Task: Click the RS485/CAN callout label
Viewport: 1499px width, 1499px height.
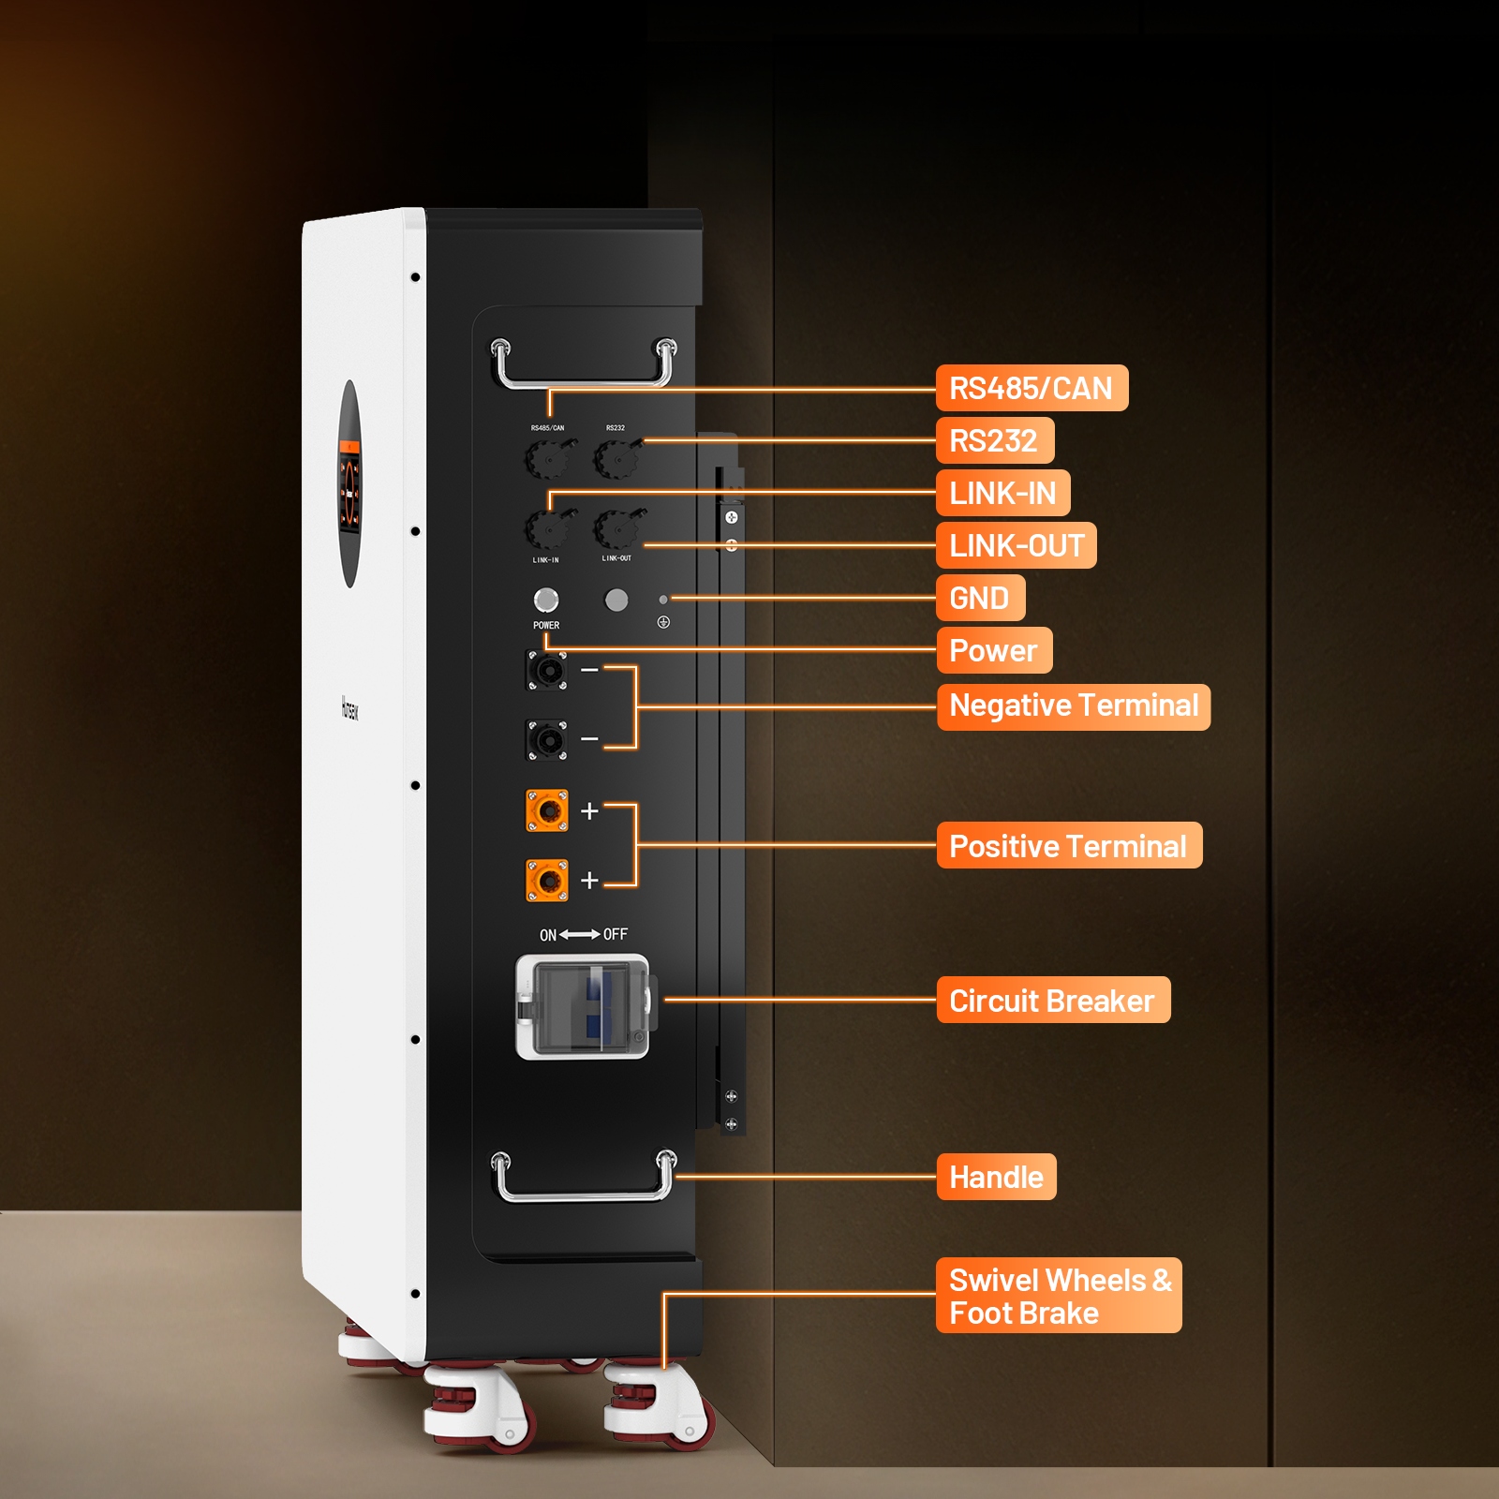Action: pos(1031,388)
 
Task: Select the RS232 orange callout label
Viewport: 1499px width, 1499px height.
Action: pos(994,440)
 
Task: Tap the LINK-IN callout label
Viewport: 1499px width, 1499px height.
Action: pos(1002,493)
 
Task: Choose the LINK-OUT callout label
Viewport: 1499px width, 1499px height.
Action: pos(1016,545)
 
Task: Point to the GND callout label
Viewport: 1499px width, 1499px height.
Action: pos(980,598)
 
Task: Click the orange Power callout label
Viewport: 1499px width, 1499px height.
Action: pos(993,650)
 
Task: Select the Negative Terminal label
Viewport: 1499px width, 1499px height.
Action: pos(1073,706)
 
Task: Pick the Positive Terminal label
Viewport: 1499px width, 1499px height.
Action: pos(1068,846)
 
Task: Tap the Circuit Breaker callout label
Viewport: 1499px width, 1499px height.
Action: pos(1052,1001)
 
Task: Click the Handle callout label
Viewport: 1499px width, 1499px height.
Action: pos(996,1177)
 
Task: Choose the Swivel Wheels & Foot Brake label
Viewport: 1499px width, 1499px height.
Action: pos(1059,1296)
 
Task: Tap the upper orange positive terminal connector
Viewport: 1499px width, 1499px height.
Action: pos(547,810)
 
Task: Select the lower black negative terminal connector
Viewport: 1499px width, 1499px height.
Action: pos(547,740)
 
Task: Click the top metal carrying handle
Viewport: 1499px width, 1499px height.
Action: pos(583,379)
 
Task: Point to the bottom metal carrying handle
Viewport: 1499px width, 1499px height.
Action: pos(583,1193)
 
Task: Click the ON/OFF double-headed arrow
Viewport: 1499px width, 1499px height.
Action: pos(580,934)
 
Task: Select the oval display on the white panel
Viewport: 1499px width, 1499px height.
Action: pos(349,484)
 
